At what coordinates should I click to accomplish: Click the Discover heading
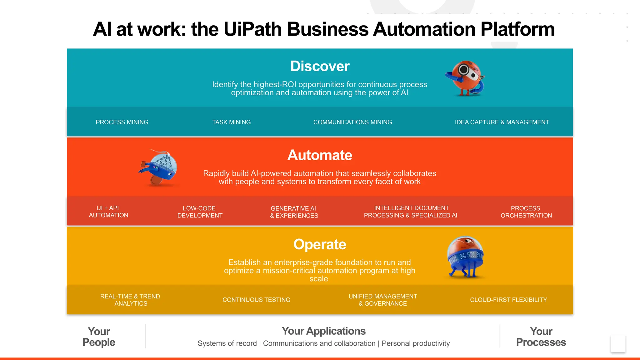320,66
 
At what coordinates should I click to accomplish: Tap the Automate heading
320,155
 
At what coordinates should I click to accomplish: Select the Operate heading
320,244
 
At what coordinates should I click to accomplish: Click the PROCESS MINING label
122,122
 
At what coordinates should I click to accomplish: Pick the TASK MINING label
231,122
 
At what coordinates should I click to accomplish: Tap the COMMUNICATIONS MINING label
352,122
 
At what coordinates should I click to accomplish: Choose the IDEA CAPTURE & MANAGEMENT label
502,122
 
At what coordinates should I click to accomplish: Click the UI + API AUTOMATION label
108,212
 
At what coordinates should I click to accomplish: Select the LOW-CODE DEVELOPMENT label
200,212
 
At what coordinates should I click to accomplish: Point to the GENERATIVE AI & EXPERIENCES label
294,212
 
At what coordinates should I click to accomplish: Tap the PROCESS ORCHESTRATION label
526,212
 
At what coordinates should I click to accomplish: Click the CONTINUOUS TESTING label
256,300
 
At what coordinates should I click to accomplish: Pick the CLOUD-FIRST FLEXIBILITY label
508,300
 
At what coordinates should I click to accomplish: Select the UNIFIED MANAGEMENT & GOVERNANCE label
382,300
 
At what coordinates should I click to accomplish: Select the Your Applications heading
323,331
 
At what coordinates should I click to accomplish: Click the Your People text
99,337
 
